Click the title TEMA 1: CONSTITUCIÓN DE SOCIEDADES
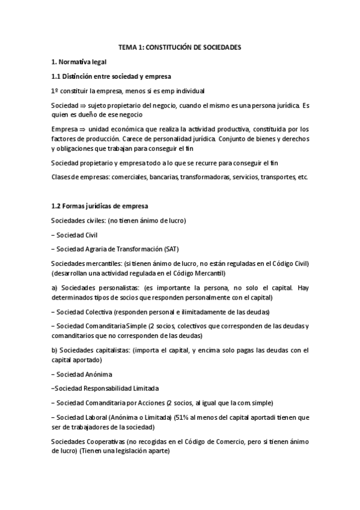(180, 47)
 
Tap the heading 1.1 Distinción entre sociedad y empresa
(111, 76)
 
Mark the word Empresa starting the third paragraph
(64, 129)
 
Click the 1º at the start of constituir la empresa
(55, 91)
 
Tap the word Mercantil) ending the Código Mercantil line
(189, 273)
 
